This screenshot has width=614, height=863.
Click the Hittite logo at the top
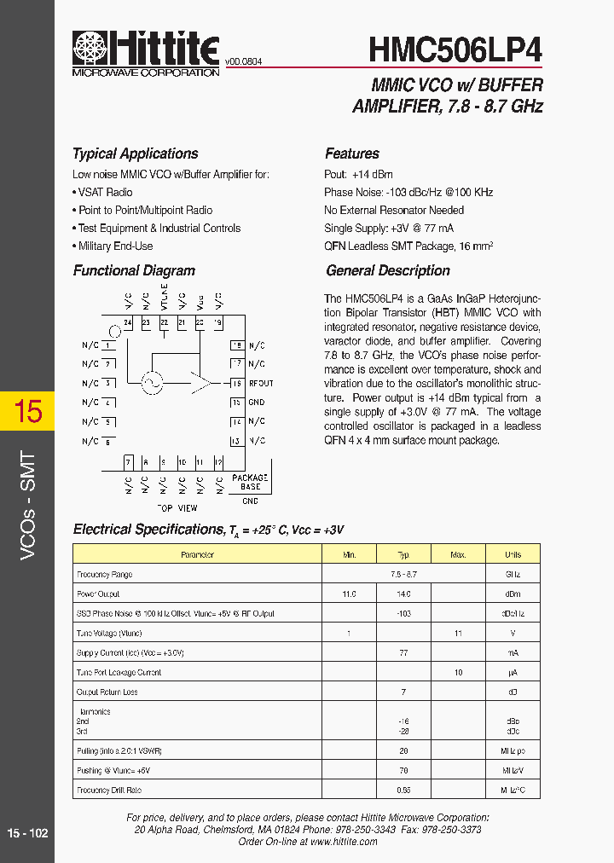(146, 52)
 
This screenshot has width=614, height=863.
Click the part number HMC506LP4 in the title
(455, 49)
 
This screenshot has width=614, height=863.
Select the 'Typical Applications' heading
(135, 153)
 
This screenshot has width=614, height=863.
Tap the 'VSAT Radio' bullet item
(105, 192)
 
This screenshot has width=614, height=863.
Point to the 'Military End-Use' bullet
(115, 246)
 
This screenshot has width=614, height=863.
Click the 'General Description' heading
(388, 270)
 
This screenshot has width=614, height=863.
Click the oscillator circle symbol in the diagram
(152, 385)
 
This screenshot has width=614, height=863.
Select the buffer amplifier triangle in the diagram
(200, 384)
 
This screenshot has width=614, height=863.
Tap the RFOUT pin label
(260, 384)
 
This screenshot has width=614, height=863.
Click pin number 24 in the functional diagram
(128, 322)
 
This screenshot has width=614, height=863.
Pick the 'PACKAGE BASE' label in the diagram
(249, 482)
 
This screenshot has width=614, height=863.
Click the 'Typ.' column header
(403, 554)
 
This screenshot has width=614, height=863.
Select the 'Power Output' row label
(98, 594)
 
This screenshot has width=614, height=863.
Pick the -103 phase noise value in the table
(403, 613)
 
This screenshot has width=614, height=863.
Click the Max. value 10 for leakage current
(458, 672)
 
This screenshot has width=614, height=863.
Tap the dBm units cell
(513, 594)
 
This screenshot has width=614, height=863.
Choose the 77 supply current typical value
(403, 652)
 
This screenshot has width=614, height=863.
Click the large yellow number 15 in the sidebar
(27, 412)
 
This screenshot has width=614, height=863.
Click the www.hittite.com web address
(344, 841)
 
